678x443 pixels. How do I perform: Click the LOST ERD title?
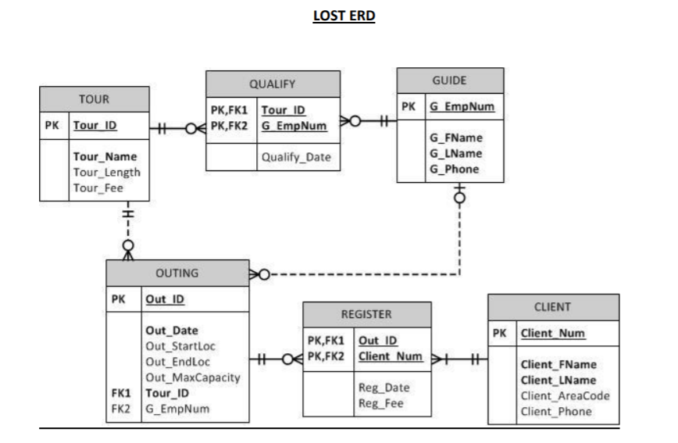click(339, 16)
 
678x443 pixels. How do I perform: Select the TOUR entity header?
click(94, 99)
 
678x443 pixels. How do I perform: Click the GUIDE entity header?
click(449, 80)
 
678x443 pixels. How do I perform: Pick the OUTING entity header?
click(177, 273)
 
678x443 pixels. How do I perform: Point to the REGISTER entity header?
click(366, 315)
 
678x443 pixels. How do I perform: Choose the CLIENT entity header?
click(554, 307)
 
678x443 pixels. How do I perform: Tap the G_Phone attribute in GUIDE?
click(455, 169)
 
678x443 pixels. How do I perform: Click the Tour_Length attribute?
click(107, 173)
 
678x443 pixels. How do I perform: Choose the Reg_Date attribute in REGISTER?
click(384, 388)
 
